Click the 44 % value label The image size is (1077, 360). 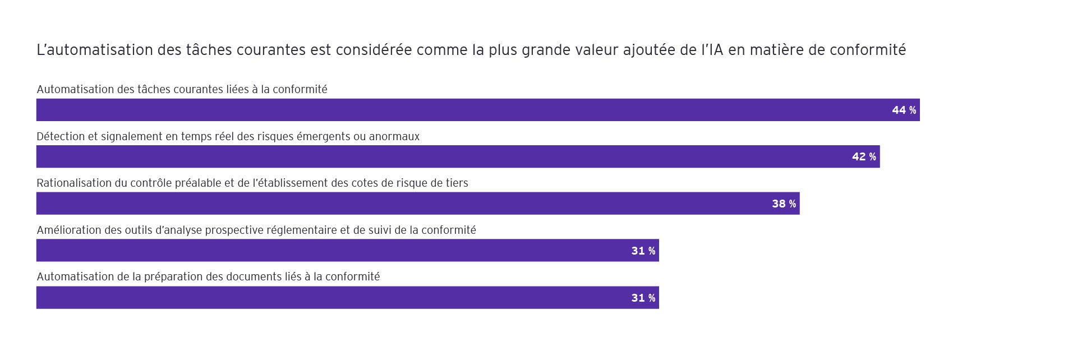pos(904,110)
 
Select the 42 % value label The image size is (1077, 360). pos(864,157)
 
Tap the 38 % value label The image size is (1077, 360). pos(784,204)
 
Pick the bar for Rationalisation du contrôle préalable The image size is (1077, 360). pos(393,204)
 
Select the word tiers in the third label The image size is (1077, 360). pos(455,183)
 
